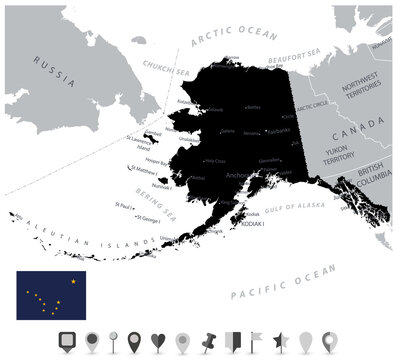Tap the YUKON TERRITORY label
(x=330, y=160)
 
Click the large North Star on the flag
(x=73, y=281)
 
